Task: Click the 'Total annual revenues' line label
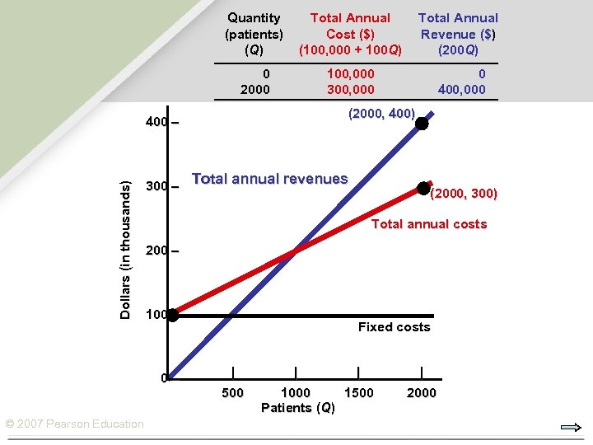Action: tap(269, 178)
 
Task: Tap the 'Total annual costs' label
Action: tap(429, 224)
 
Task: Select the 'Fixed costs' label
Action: tap(394, 327)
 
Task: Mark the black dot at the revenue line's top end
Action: tap(422, 124)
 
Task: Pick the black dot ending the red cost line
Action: tap(423, 189)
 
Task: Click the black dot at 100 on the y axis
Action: tap(172, 314)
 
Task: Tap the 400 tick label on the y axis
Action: tap(156, 123)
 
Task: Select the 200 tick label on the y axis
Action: tap(156, 251)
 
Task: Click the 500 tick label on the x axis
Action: tap(233, 392)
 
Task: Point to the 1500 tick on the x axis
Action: tap(358, 392)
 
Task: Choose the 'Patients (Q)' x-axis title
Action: tap(298, 408)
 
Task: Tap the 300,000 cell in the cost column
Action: tap(350, 89)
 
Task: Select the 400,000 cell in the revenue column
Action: tap(462, 89)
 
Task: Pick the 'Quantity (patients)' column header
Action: tap(254, 33)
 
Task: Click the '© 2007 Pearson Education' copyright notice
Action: tap(75, 424)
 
